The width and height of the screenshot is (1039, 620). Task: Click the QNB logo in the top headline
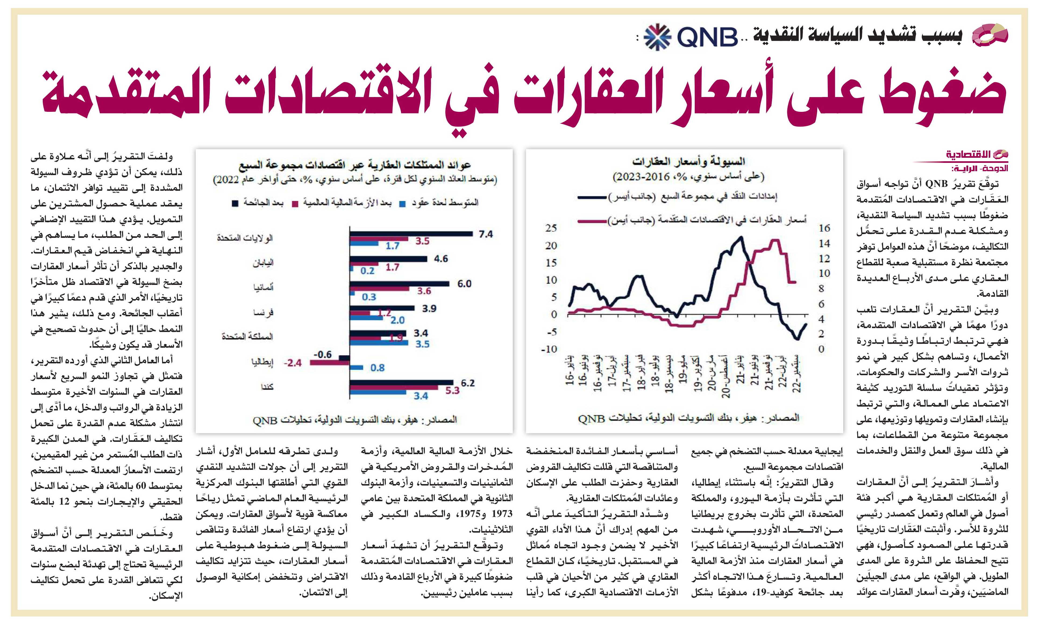tap(690, 37)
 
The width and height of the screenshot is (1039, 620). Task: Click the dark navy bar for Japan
tap(388, 259)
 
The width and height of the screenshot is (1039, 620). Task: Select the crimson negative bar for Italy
tap(330, 363)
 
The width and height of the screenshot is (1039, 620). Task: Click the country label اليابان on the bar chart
tap(263, 263)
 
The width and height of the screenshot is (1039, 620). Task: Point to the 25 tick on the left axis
tap(551, 228)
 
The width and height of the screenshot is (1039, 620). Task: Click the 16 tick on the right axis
tap(824, 228)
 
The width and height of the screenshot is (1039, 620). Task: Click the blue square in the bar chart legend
tap(403, 203)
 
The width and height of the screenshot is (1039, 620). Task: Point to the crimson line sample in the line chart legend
tap(591, 220)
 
